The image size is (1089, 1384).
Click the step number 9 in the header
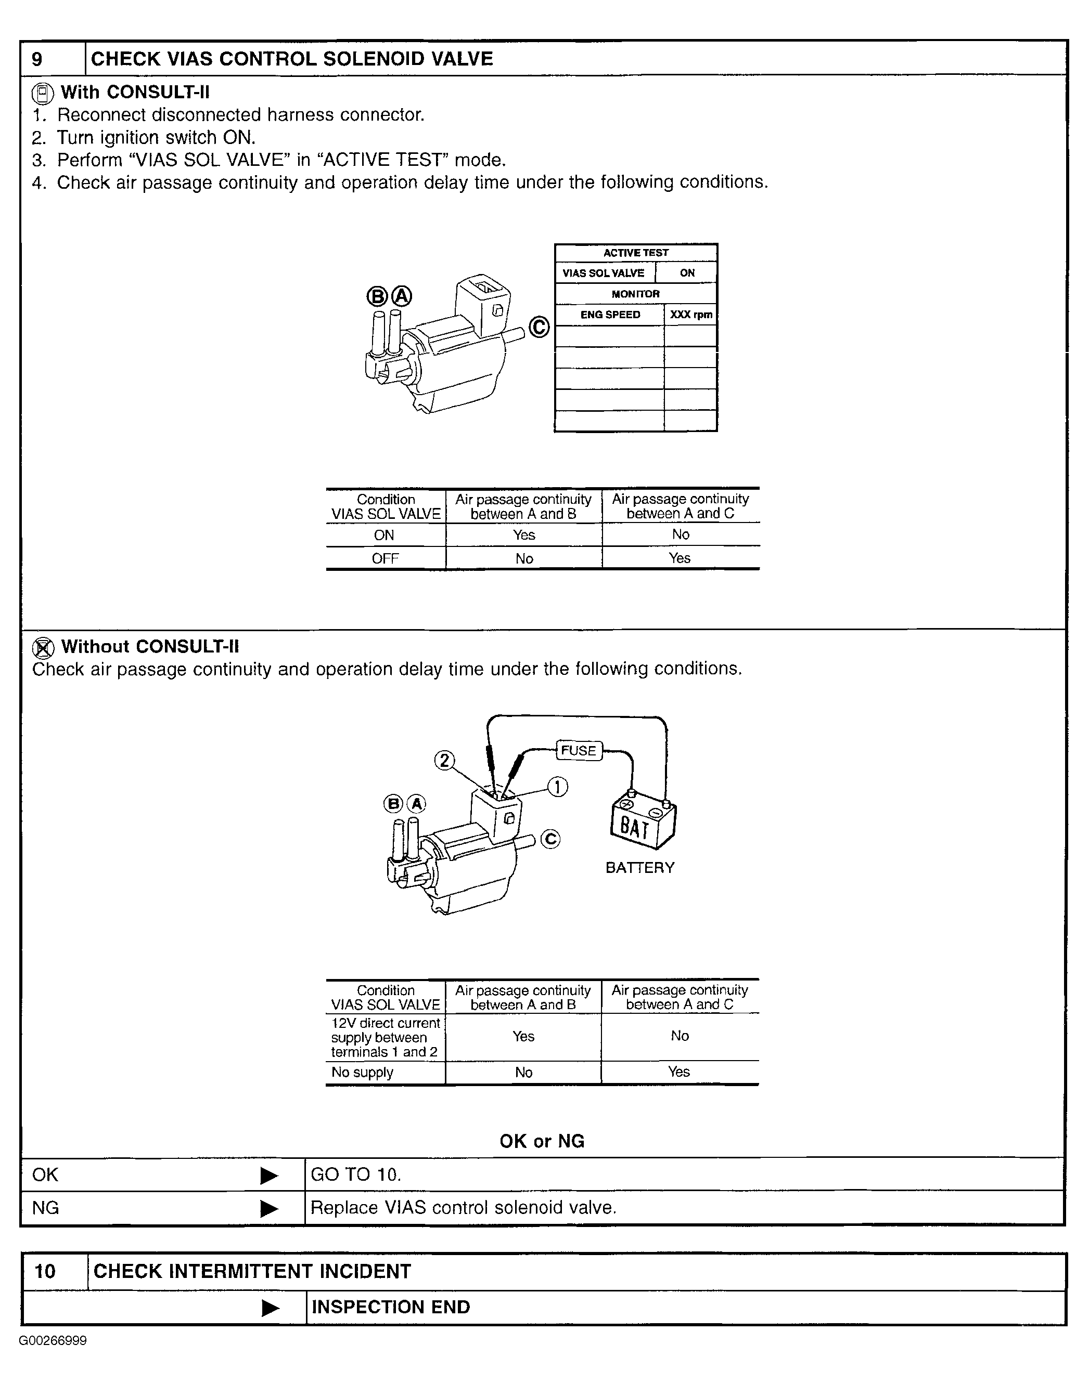(x=37, y=59)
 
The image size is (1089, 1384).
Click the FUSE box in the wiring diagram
(x=578, y=750)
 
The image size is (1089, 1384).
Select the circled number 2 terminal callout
(x=444, y=760)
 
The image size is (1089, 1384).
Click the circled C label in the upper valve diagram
(x=539, y=327)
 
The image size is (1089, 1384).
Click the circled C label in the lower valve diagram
(x=550, y=839)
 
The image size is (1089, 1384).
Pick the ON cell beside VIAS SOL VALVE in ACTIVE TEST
(x=687, y=273)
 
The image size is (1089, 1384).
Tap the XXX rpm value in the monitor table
(x=690, y=315)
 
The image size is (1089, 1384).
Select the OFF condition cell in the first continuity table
(x=385, y=558)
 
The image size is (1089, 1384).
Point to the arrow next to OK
(x=270, y=1176)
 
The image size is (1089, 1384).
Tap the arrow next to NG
(x=270, y=1208)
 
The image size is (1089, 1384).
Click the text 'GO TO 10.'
(x=356, y=1174)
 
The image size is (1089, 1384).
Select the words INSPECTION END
(x=390, y=1307)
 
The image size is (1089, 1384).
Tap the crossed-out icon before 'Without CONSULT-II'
(x=43, y=648)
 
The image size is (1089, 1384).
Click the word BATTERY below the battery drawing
(x=639, y=867)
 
